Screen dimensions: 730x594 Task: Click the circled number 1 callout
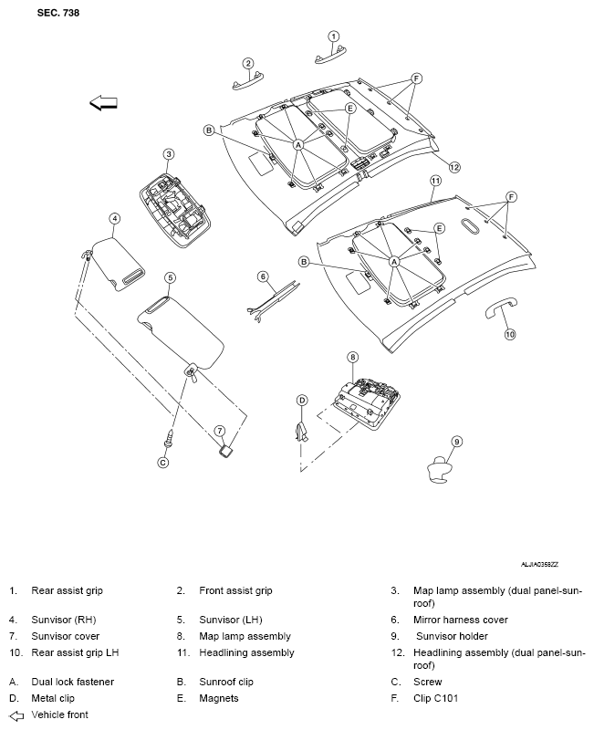pos(333,36)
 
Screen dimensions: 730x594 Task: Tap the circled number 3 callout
pos(168,154)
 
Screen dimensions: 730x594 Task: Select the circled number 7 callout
pos(219,430)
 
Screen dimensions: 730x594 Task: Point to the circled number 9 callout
pos(457,441)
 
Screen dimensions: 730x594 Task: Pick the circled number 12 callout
pos(453,167)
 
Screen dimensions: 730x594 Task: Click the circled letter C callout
pos(163,462)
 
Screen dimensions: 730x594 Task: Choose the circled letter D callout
pos(302,400)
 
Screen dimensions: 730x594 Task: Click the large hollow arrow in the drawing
pos(104,104)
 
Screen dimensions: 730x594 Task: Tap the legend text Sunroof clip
pos(226,682)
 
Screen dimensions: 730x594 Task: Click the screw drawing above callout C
pos(168,438)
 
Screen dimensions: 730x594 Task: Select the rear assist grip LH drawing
pos(496,308)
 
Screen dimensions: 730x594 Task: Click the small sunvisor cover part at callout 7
pos(224,449)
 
